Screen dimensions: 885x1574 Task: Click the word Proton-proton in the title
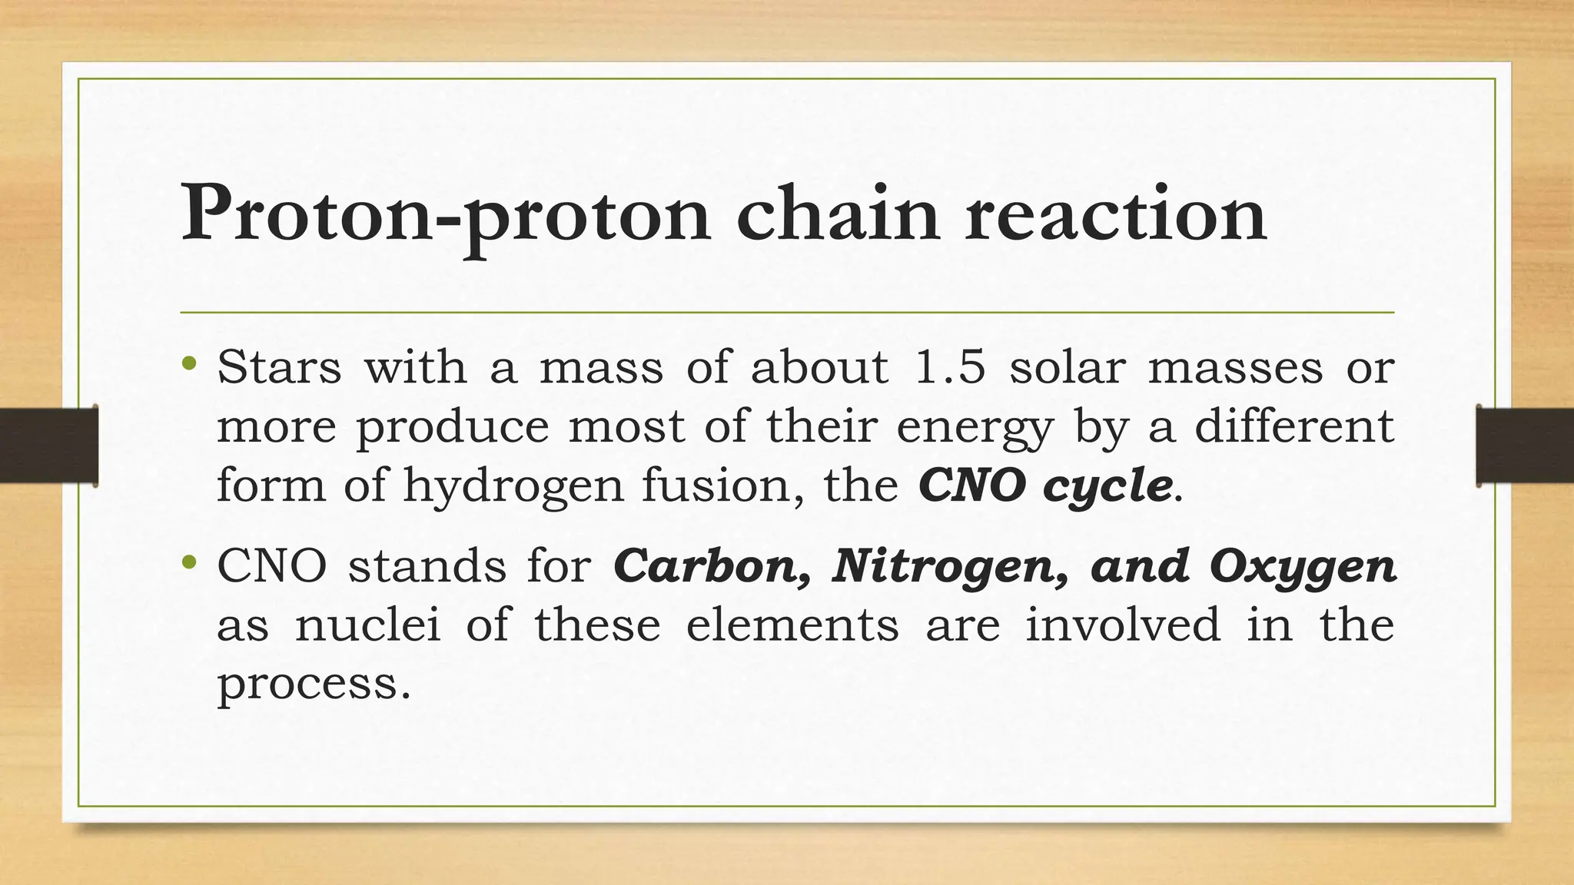point(446,215)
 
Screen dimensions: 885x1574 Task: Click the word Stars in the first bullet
point(279,366)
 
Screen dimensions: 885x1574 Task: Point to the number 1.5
point(949,366)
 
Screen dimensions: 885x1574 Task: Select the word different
point(1294,426)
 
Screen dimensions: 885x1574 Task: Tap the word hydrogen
point(513,486)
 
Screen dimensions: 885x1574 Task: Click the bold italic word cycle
point(1108,486)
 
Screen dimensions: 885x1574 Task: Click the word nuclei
point(368,624)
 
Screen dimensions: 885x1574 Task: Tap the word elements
point(792,624)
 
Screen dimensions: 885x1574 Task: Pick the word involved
point(1123,624)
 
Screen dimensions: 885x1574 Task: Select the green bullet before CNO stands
point(189,564)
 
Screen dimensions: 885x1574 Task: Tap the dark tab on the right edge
point(1525,446)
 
